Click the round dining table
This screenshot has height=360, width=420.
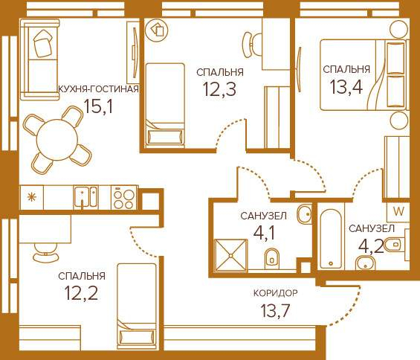pos(57,139)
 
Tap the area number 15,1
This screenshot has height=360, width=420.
pos(98,106)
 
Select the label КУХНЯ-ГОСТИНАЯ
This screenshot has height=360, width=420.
pos(99,89)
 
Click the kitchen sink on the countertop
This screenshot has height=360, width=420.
pos(85,197)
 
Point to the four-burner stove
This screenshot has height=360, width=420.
pos(124,198)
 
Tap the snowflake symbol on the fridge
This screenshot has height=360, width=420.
pos(32,198)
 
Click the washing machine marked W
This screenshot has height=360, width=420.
pos(398,211)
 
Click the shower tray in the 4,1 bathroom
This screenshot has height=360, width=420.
pos(231,255)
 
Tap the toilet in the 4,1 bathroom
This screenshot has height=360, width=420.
pos(272,258)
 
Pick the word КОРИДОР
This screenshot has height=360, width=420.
pos(275,293)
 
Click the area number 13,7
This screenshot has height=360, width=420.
pos(275,311)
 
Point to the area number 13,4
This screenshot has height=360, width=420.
pos(346,87)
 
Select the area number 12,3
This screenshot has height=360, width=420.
pos(220,89)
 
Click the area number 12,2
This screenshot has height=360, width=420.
pos(81,293)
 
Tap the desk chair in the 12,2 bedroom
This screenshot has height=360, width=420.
pos(45,252)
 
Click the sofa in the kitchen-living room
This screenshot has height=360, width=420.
pos(39,59)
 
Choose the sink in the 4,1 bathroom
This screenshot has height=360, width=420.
pos(305,214)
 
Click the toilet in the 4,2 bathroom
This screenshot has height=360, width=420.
pos(394,245)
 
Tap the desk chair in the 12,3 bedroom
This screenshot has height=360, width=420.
pos(252,45)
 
